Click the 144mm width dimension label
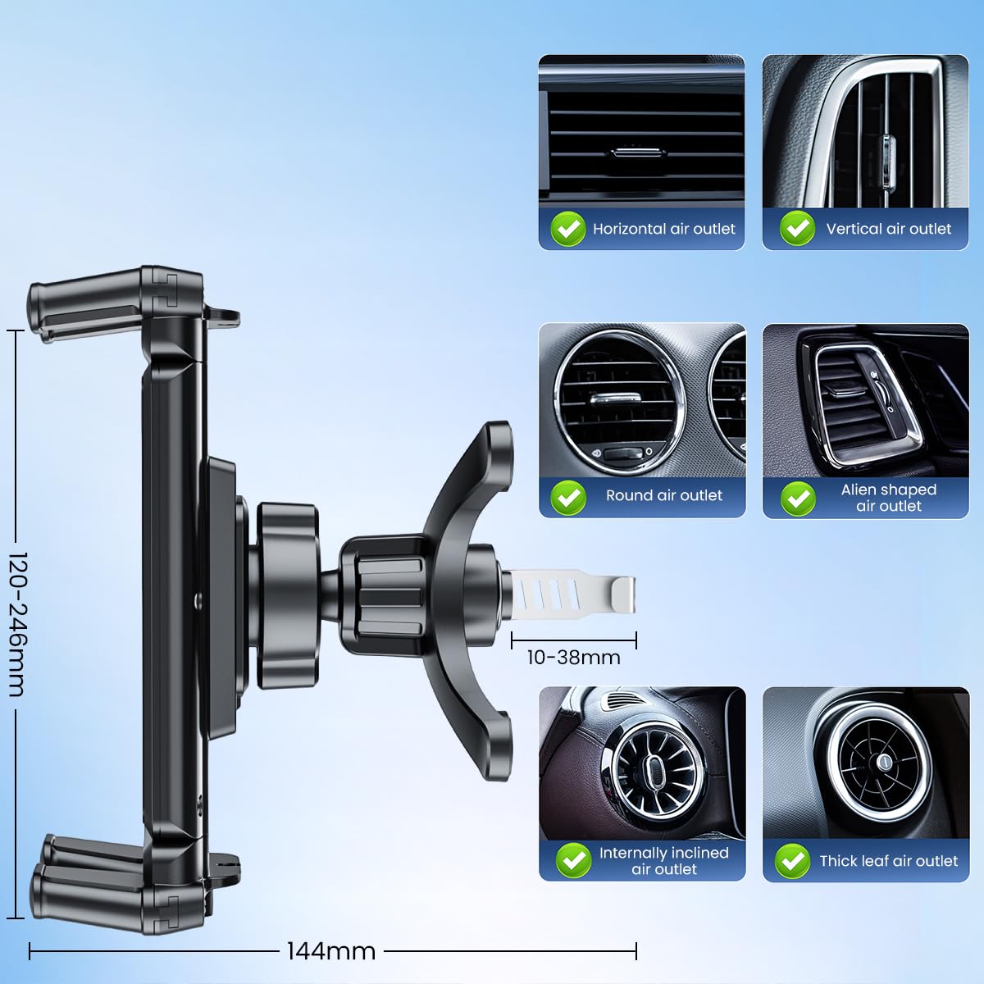(x=331, y=951)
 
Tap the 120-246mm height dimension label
(x=17, y=624)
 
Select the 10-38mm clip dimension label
(x=573, y=658)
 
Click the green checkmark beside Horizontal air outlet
(x=567, y=229)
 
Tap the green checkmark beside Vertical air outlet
(x=796, y=229)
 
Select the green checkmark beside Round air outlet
(x=567, y=496)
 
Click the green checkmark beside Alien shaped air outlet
(x=797, y=498)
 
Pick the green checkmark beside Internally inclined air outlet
(x=573, y=860)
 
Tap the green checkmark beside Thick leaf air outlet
(x=791, y=860)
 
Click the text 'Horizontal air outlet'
(x=664, y=229)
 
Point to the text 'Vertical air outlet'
(x=888, y=229)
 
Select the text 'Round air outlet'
(x=664, y=495)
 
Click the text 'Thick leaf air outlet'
(x=888, y=861)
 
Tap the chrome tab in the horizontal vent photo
(x=640, y=153)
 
